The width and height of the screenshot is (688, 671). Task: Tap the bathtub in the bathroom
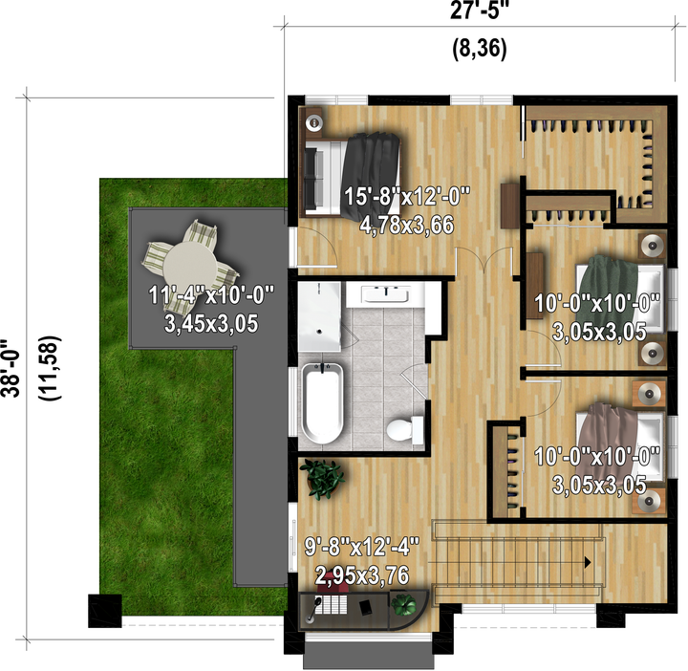coord(322,403)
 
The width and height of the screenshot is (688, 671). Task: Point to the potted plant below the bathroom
coord(323,479)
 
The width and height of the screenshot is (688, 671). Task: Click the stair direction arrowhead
coord(588,562)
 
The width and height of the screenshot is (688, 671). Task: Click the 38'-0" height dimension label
coord(10,368)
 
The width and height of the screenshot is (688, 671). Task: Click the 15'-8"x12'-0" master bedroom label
coord(407,196)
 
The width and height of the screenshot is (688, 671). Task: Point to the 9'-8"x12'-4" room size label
coord(362,547)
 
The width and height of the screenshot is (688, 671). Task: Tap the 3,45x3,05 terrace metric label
coord(211,324)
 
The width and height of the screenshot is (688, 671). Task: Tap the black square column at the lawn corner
coord(105,611)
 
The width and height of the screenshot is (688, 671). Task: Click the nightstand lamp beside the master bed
coord(313,122)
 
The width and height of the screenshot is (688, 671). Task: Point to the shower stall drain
coord(319,332)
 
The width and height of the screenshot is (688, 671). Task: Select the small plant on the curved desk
coord(403,604)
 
